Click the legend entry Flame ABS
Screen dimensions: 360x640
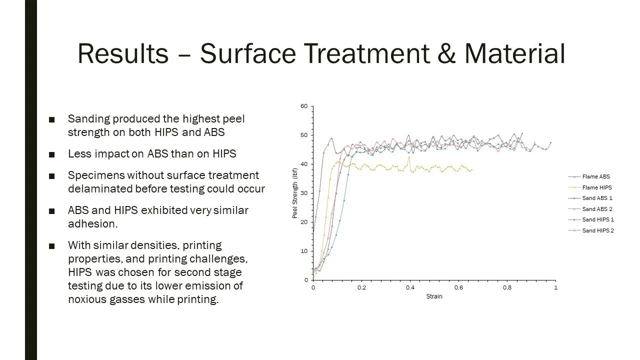(x=595, y=176)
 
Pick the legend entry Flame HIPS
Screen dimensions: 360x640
(x=596, y=187)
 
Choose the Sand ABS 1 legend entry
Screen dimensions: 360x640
(x=597, y=198)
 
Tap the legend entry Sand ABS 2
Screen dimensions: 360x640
(x=597, y=209)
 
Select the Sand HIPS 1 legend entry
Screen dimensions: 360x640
(x=597, y=219)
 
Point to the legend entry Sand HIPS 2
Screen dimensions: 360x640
(x=597, y=230)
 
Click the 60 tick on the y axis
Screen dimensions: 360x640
(x=304, y=106)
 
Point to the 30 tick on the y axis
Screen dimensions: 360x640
(x=304, y=193)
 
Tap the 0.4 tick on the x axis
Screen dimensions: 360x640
(x=410, y=287)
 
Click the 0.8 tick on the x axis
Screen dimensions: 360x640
(x=507, y=287)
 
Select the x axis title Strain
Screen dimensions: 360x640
(x=434, y=296)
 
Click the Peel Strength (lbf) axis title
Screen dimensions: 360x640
(x=295, y=193)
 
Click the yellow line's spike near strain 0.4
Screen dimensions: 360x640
(x=409, y=157)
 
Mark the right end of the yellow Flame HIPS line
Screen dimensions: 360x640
(x=471, y=170)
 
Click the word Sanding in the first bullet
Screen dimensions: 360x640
(x=88, y=119)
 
